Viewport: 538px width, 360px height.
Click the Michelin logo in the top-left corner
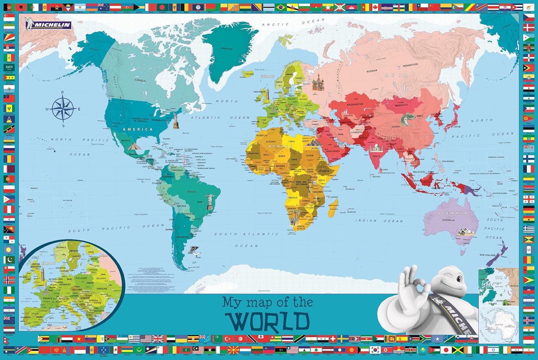48,25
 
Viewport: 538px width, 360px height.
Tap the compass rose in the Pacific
63,108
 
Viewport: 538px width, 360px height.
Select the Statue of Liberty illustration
175,120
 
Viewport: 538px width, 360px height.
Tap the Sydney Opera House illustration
465,232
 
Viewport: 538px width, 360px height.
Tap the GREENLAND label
227,49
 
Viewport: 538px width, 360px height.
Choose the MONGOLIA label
401,105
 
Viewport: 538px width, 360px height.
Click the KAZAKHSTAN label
355,104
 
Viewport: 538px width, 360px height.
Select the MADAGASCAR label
333,206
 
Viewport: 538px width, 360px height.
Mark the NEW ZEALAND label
487,255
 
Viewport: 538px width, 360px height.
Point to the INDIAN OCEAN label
379,221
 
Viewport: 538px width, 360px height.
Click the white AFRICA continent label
280,146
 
